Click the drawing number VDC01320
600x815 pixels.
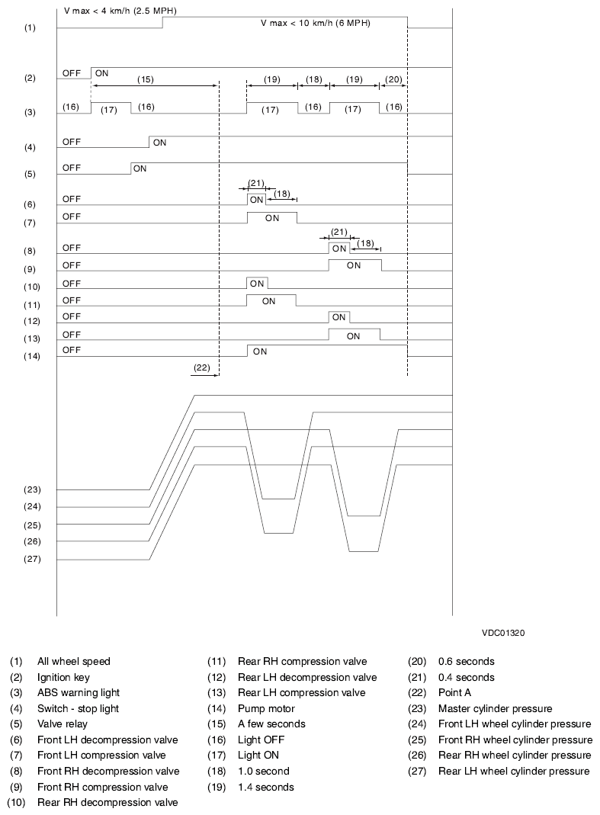pos(502,633)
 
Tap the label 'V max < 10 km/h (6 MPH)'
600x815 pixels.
pos(320,24)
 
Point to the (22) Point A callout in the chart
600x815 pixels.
pos(201,367)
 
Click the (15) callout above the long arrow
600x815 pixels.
pos(145,79)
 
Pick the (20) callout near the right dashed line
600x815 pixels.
pos(393,79)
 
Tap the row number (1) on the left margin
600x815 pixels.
pos(30,27)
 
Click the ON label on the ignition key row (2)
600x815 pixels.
pos(101,73)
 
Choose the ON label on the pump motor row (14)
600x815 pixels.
pos(260,351)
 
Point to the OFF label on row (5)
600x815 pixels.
pos(72,164)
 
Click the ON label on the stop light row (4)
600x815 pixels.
pos(159,142)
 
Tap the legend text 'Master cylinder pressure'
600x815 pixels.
pos(495,708)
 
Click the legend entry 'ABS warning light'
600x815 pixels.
pos(78,692)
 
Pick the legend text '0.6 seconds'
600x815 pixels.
pos(466,661)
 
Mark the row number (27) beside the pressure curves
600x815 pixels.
pos(32,560)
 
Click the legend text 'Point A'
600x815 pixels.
pos(455,692)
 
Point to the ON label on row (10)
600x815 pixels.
pos(257,284)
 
